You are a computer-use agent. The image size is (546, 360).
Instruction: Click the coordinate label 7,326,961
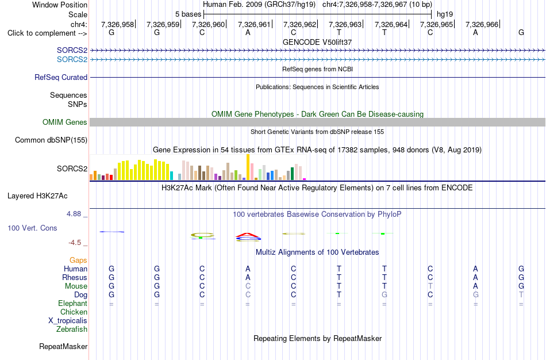(254, 24)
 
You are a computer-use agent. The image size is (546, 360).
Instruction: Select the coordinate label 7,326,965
(436, 24)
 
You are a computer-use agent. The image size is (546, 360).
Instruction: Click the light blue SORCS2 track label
(72, 60)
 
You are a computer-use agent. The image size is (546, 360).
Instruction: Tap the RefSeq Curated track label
(61, 78)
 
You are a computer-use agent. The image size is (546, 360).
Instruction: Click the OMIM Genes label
(65, 122)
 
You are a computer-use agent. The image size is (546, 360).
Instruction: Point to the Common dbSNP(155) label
(51, 140)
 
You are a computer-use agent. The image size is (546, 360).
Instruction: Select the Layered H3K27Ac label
(37, 196)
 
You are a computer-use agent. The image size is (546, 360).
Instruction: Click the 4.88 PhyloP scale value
(74, 213)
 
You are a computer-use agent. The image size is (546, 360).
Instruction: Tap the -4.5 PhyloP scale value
(75, 243)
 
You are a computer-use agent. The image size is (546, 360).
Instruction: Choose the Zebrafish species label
(72, 330)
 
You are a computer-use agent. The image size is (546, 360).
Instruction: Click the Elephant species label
(73, 304)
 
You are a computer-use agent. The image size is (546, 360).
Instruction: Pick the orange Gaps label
(78, 261)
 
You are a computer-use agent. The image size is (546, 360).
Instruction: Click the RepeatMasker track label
(63, 346)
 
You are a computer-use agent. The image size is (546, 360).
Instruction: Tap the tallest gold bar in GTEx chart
(248, 167)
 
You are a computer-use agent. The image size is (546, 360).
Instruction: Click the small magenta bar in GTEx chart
(305, 179)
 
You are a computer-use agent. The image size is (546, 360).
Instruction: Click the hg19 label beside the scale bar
(445, 14)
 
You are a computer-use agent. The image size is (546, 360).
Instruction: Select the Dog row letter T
(339, 295)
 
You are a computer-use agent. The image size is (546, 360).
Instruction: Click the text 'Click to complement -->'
(47, 33)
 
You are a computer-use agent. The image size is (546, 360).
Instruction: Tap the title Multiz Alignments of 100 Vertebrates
(317, 252)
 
